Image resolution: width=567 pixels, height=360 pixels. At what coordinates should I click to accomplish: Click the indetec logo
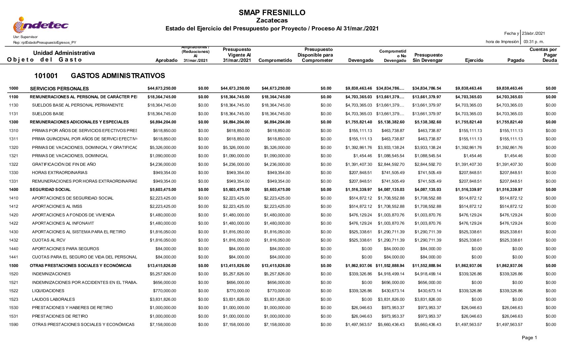click(40, 25)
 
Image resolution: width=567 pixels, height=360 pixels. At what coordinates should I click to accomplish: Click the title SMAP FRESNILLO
click(272, 13)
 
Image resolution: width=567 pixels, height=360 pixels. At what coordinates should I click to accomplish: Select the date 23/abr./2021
click(533, 33)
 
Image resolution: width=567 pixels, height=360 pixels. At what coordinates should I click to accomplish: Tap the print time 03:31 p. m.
click(534, 42)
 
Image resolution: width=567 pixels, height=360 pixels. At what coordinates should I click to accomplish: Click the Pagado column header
click(516, 60)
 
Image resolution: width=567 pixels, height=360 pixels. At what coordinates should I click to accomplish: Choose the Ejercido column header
click(474, 60)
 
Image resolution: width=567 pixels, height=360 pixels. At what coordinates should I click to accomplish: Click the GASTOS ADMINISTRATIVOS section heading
click(118, 76)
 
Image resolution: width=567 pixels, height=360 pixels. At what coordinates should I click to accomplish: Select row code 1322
click(14, 164)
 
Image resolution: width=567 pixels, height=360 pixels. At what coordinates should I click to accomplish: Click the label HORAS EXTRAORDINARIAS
click(60, 173)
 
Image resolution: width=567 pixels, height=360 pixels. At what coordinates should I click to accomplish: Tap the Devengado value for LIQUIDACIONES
click(360, 291)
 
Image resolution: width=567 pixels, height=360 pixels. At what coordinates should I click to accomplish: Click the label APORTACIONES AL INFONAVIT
click(63, 223)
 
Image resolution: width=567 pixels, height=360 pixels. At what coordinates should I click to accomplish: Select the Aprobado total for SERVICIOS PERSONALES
click(162, 88)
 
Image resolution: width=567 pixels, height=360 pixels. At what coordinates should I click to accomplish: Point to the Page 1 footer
click(529, 338)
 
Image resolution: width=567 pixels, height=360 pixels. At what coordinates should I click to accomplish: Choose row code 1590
click(14, 325)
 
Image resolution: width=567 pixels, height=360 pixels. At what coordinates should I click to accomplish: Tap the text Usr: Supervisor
click(25, 37)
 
